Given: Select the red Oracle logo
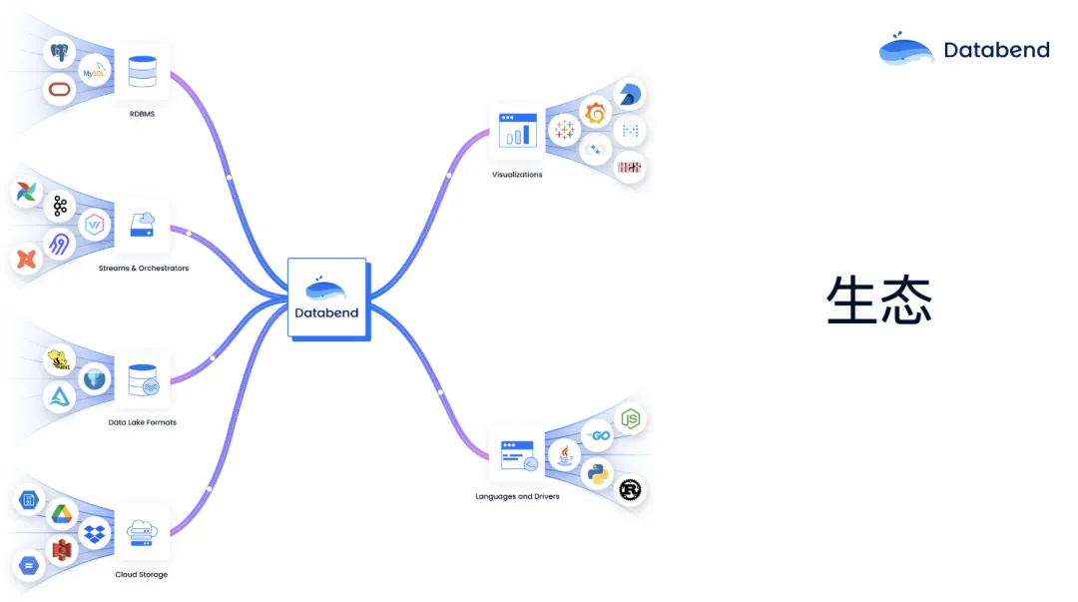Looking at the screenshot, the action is coord(62,91).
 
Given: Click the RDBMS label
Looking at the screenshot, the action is coord(142,114).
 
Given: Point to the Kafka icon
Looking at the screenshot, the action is coord(60,207).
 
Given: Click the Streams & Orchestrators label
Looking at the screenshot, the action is coord(143,269).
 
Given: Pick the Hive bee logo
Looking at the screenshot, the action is coord(62,360).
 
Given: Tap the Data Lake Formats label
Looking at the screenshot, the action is coord(142,422).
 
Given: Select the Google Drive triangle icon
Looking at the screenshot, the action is coord(62,513).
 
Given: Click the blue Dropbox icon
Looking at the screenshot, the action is coord(95,533).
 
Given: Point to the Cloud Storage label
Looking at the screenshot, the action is coord(141,575).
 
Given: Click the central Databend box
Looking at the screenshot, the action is coord(327,299).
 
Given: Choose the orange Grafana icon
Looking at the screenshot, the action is coord(596,114).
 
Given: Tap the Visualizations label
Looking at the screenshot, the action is coord(517,175).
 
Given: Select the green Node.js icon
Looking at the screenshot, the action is coord(630,419).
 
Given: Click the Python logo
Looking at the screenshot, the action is coord(598,473).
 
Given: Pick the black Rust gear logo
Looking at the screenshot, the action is coord(630,490).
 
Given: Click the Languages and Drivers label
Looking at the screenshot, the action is coord(517,496).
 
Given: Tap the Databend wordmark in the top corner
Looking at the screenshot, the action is coord(996,50).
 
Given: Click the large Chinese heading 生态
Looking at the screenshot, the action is coord(879,300).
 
